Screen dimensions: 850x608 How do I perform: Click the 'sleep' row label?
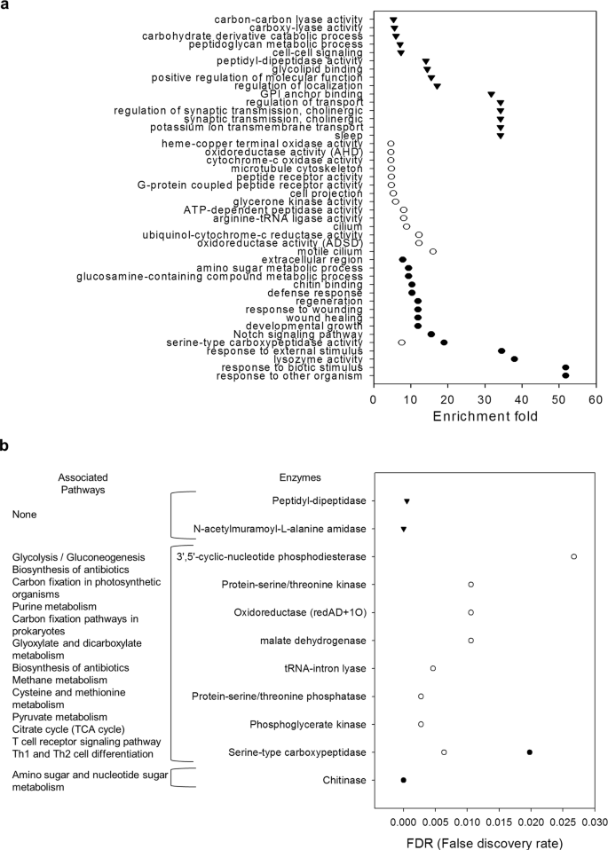point(347,136)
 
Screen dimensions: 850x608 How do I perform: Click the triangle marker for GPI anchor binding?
point(491,94)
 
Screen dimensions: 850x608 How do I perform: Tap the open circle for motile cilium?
point(433,251)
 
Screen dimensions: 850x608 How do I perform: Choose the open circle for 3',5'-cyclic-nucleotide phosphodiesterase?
point(574,556)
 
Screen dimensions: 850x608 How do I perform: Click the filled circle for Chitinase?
point(404,780)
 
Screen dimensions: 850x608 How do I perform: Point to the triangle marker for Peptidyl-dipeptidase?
point(407,501)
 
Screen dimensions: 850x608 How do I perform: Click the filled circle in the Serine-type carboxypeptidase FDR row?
point(530,752)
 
